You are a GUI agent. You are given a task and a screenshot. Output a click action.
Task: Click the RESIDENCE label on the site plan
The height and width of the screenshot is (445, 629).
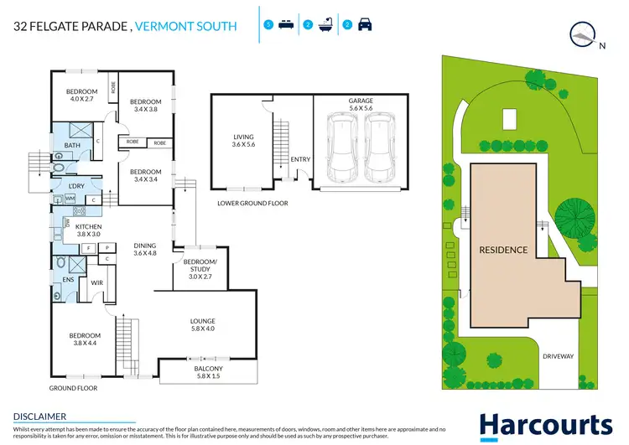point(503,250)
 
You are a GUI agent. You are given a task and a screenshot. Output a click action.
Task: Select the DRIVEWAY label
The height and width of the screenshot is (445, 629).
point(558,356)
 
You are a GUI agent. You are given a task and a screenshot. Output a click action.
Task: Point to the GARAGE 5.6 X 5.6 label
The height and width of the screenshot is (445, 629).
point(361,105)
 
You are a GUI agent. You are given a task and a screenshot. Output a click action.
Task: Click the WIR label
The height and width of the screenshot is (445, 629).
point(96,283)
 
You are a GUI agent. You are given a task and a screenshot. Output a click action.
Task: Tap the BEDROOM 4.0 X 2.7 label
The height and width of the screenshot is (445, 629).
point(82,95)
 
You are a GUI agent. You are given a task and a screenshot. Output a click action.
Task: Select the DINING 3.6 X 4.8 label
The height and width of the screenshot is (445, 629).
point(145,249)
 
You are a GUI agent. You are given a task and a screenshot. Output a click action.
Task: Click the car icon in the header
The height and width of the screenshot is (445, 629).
point(365,25)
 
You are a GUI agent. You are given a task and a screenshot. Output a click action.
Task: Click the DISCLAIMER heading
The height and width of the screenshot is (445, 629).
point(39,416)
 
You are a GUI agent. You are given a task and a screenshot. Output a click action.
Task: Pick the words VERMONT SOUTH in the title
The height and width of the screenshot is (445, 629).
point(187,27)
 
